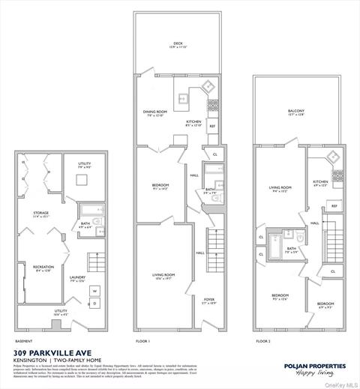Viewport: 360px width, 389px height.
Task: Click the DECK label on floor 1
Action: [x=178, y=45]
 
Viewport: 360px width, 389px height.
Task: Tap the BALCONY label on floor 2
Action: [x=296, y=112]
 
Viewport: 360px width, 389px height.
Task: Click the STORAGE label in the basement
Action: [x=40, y=214]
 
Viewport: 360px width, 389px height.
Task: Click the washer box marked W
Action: [x=94, y=290]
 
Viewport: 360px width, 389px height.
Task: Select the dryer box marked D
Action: [x=94, y=302]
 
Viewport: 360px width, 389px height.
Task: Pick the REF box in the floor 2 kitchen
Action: [x=334, y=205]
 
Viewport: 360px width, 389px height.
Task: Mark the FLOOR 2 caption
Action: [x=262, y=340]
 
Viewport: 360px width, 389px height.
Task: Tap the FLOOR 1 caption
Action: [x=142, y=340]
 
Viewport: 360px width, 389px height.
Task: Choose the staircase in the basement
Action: [x=96, y=262]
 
